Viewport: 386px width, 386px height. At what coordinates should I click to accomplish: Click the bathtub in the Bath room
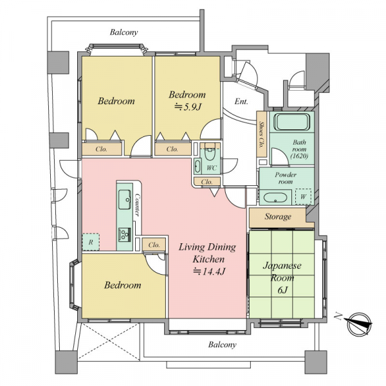[x=291, y=122]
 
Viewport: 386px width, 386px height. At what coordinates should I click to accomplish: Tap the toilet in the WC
[x=210, y=154]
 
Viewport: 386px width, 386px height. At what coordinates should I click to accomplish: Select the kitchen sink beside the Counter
[x=125, y=199]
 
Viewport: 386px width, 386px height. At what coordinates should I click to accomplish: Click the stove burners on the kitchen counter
[x=125, y=234]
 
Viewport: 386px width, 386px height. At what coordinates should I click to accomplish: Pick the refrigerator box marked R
[x=91, y=242]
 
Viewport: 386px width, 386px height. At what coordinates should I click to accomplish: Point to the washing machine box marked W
[x=303, y=196]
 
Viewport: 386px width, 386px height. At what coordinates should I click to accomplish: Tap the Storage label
[x=278, y=217]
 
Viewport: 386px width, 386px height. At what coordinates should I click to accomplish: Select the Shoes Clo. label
[x=261, y=134]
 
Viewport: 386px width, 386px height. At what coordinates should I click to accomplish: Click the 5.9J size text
[x=188, y=107]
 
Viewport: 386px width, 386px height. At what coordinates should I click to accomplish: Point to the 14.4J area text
[x=209, y=271]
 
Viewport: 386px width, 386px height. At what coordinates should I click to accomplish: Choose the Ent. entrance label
[x=241, y=102]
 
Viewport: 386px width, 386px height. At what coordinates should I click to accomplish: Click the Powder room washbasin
[x=275, y=198]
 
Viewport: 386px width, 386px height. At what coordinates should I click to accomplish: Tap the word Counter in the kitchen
[x=138, y=205]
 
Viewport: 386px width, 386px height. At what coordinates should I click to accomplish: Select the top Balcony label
[x=124, y=32]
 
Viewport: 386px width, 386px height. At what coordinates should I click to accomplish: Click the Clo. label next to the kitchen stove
[x=154, y=245]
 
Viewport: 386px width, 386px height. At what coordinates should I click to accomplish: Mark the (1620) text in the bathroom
[x=299, y=156]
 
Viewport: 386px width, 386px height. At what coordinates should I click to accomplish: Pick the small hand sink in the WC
[x=198, y=166]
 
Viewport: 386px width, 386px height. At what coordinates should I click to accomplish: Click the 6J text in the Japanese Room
[x=282, y=290]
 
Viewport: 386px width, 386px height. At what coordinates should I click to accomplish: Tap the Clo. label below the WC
[x=207, y=182]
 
